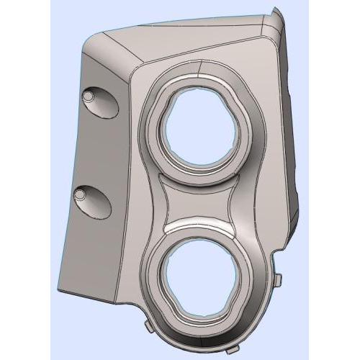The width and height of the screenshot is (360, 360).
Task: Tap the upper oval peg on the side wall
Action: click(89, 96)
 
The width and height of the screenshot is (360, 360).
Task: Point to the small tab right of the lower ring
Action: click(278, 279)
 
